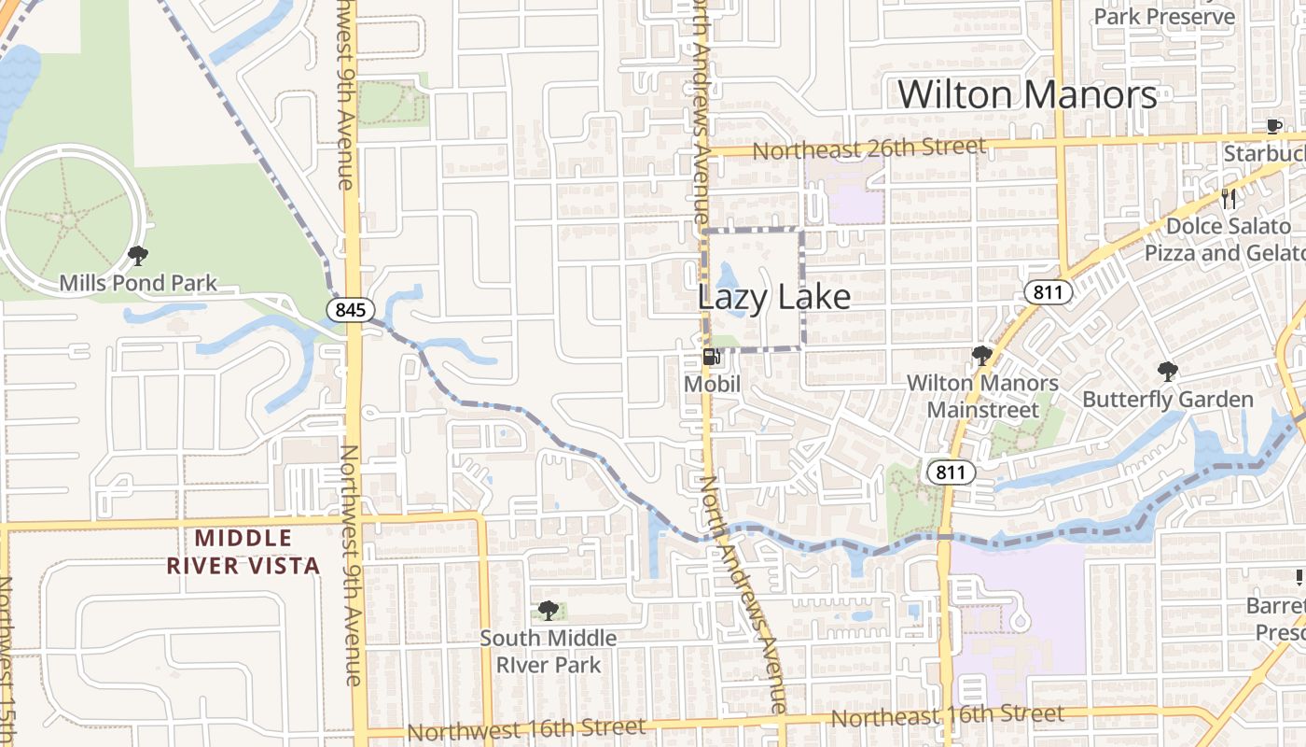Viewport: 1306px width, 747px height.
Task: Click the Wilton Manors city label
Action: [1027, 95]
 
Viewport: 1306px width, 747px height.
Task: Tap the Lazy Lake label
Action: [773, 297]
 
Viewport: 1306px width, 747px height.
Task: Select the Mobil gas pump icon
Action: [711, 357]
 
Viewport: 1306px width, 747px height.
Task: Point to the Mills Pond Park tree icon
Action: [138, 254]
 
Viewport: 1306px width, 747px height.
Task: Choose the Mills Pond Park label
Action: [138, 283]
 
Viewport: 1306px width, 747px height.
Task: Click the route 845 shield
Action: [351, 309]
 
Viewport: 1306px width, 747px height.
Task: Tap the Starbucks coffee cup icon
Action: [1273, 126]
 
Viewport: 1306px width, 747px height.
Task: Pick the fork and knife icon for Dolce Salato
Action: [1228, 198]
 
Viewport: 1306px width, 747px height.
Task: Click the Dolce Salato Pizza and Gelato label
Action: [1224, 240]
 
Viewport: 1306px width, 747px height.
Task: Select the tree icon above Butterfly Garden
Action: [1167, 372]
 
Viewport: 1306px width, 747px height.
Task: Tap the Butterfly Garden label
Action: [1167, 400]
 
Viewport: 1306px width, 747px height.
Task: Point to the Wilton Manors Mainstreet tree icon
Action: [981, 355]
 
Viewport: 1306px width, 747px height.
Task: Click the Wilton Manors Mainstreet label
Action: [982, 396]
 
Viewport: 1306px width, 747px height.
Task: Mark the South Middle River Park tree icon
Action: [549, 611]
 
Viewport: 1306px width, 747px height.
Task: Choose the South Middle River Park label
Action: [549, 651]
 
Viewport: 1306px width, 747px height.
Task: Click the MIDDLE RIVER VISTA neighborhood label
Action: [243, 551]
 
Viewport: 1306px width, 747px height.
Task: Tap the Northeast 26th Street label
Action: [868, 148]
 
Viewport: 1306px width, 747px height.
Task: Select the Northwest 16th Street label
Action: [526, 728]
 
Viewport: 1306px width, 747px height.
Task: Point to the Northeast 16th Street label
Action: [947, 716]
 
